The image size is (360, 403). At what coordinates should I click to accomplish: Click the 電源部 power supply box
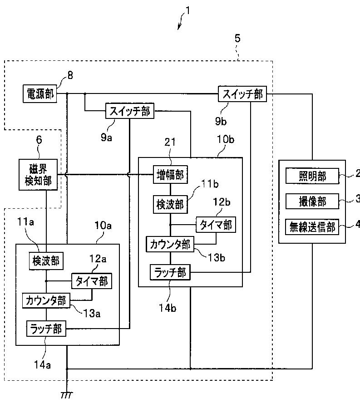pos(40,94)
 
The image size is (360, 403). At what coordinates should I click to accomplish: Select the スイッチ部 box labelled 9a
pos(130,111)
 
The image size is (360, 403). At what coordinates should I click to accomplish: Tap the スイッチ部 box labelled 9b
pos(242,94)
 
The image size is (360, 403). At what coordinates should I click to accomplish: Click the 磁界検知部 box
pos(38,175)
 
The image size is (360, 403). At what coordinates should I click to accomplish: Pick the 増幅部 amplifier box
pos(170,175)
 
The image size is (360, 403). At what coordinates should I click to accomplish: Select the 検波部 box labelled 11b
pos(170,204)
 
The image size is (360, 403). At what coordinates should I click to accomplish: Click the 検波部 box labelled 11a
pos(46,261)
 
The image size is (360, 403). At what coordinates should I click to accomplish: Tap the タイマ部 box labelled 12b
pos(216,225)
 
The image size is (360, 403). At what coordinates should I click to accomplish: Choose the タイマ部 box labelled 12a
pos(92,281)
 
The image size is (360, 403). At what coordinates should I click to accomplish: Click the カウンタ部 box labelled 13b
pos(170,244)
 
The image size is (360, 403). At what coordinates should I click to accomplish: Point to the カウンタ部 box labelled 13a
pos(46,300)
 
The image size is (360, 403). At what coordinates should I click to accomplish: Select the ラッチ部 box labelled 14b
pos(170,272)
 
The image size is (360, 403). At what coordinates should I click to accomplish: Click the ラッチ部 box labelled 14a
pos(46,329)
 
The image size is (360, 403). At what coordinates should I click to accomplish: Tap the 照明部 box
pos(312,176)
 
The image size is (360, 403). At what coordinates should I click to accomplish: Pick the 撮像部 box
pos(312,201)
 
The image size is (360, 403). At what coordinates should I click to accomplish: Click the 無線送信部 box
pos(312,227)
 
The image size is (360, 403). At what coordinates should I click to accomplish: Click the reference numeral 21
pos(170,142)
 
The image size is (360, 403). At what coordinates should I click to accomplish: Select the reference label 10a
pos(103,226)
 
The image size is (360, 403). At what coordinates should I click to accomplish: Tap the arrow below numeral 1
pos(181,22)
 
